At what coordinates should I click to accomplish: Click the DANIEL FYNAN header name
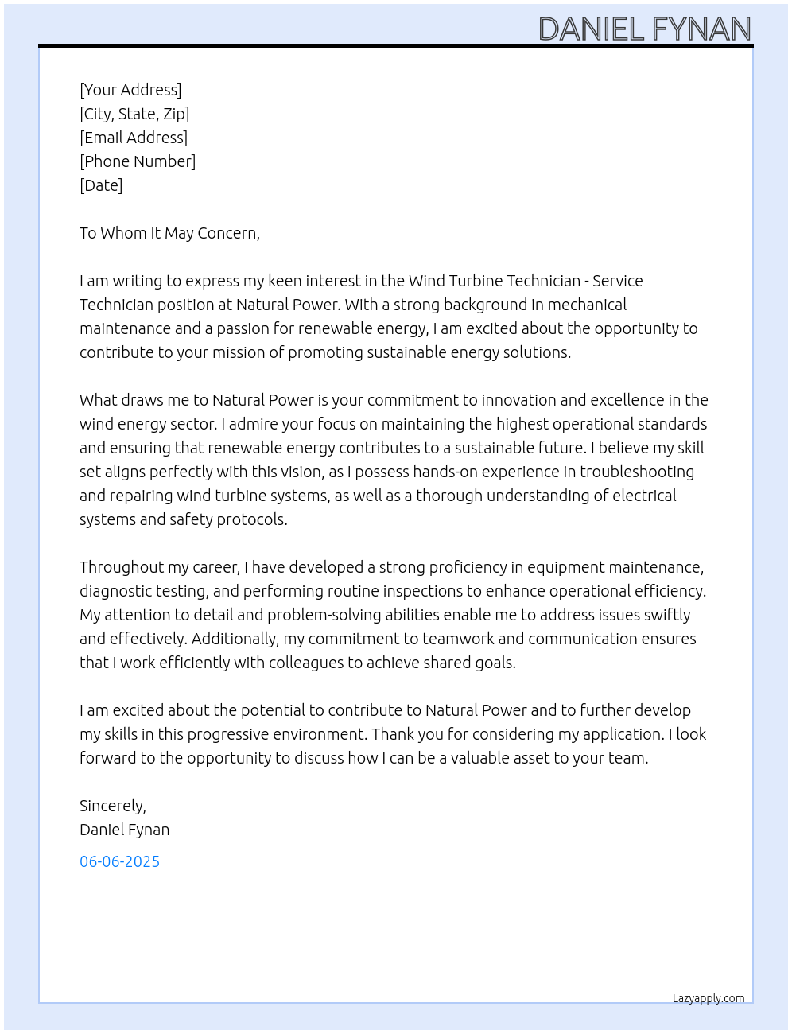(645, 29)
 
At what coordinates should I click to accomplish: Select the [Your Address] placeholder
(130, 90)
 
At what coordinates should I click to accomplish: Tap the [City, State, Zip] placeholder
(134, 114)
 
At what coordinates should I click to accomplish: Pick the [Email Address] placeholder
(134, 138)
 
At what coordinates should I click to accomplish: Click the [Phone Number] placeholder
(138, 161)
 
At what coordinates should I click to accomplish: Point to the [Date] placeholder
(101, 185)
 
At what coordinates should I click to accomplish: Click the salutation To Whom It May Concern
(169, 233)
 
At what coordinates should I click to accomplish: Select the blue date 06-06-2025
(119, 861)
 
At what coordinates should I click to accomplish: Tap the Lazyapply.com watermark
(709, 998)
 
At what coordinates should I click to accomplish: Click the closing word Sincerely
(112, 806)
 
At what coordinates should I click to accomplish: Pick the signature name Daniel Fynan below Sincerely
(124, 830)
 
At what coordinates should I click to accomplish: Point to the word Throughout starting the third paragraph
(118, 567)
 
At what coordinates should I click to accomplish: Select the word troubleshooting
(636, 472)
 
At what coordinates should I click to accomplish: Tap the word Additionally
(235, 639)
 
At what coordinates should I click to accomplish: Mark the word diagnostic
(114, 591)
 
